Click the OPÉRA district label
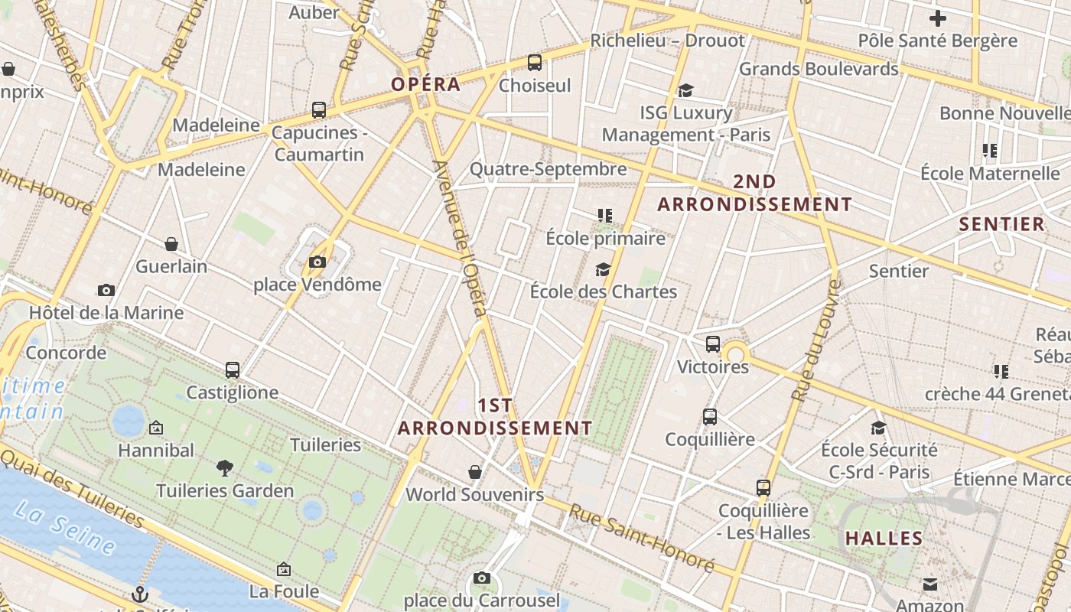tap(426, 84)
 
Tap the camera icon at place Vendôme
tap(317, 262)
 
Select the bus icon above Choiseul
tap(535, 63)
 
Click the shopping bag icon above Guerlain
tap(171, 244)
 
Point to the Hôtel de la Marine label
tap(106, 313)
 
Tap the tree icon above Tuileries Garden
tap(225, 467)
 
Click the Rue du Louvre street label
tap(816, 340)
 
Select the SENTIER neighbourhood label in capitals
tap(1001, 224)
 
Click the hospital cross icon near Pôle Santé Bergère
tap(938, 18)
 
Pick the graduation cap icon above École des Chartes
tap(603, 269)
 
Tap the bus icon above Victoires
tap(713, 344)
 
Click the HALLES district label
tap(884, 539)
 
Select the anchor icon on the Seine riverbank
tap(139, 594)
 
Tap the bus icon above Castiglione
tap(233, 370)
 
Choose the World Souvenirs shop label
tap(474, 494)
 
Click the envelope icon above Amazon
tap(929, 585)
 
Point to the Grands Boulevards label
tap(819, 69)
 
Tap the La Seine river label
tap(65, 528)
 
